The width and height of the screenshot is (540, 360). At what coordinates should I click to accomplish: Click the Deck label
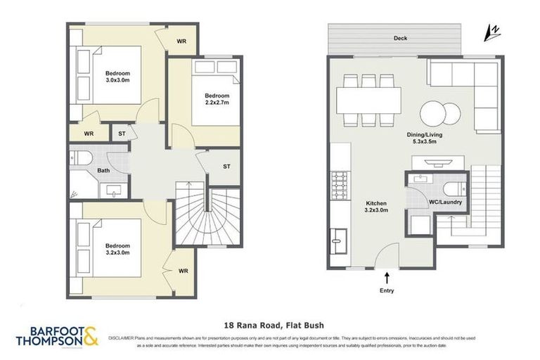coord(400,38)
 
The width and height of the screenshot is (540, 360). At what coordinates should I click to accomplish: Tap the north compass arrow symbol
coord(494,31)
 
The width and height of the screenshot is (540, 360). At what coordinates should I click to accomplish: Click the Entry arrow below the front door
coord(387,278)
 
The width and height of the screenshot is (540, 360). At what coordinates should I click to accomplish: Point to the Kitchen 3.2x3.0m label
coord(376,207)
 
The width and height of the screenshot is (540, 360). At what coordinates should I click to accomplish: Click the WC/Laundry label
coord(445,203)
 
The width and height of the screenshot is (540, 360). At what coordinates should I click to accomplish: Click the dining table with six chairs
coord(368,100)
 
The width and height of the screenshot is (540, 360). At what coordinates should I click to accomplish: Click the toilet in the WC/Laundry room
coord(451,188)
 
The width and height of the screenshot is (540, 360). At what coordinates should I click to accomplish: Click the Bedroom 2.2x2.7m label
coord(217,99)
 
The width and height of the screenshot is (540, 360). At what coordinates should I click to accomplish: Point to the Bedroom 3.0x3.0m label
coord(117,77)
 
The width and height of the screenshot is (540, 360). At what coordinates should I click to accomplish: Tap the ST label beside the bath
coord(122,134)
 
